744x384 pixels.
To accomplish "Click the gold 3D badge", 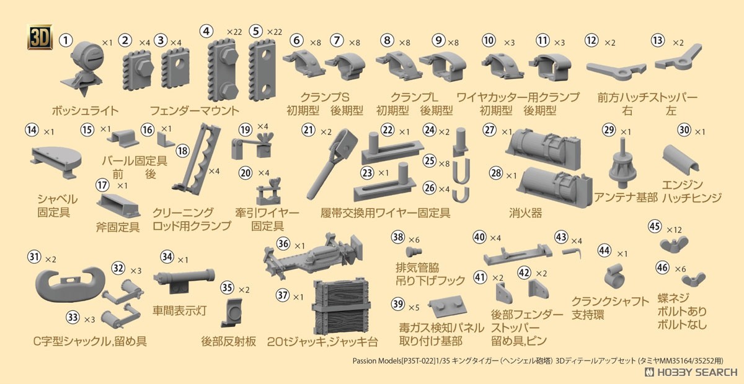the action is tap(40, 37).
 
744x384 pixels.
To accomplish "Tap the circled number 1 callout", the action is tap(66, 40).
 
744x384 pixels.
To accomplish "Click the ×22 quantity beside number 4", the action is tap(234, 32).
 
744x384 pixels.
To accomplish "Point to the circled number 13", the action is tap(658, 40).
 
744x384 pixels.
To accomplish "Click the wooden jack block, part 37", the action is tap(342, 307).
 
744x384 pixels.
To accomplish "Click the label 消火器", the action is tap(526, 212).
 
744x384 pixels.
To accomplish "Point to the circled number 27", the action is tap(490, 130).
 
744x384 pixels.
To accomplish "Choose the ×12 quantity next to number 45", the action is tap(674, 230).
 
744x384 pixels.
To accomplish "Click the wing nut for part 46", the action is tap(694, 279).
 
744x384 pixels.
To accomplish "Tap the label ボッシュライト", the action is tap(85, 110).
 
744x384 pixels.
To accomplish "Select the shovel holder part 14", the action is tap(56, 162).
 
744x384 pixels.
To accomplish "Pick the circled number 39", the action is tap(398, 303).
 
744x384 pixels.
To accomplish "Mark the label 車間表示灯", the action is tap(180, 311).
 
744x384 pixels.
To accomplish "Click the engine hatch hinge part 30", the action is tap(681, 159).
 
